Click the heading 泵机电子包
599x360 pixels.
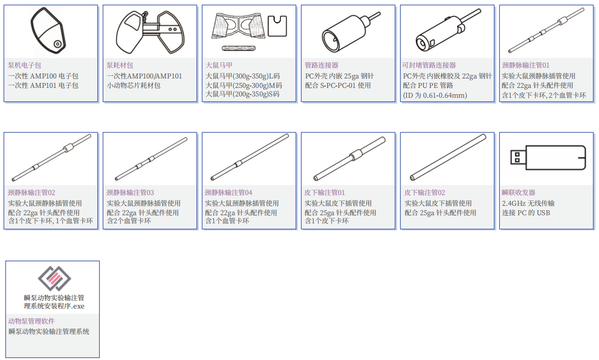(24, 65)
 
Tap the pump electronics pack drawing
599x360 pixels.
(48, 30)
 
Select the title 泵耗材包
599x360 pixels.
(119, 65)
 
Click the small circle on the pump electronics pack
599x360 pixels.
(57, 44)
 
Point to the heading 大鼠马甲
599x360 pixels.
(219, 65)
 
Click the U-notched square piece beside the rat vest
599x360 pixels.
(277, 26)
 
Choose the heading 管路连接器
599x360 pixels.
(321, 65)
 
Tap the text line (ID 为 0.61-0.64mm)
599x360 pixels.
(435, 95)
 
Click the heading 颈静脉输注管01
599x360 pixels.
(525, 65)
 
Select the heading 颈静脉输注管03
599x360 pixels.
(130, 192)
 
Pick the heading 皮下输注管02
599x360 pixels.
(424, 192)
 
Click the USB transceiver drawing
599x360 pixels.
(548, 158)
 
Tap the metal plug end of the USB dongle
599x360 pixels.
(518, 157)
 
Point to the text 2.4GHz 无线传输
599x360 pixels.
(528, 204)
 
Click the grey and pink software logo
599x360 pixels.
(54, 278)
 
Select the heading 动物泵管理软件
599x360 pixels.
(31, 321)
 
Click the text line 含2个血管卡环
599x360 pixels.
(129, 221)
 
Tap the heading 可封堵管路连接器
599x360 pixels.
(429, 65)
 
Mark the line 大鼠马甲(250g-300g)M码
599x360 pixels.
(244, 86)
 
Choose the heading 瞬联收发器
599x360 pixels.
(519, 192)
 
